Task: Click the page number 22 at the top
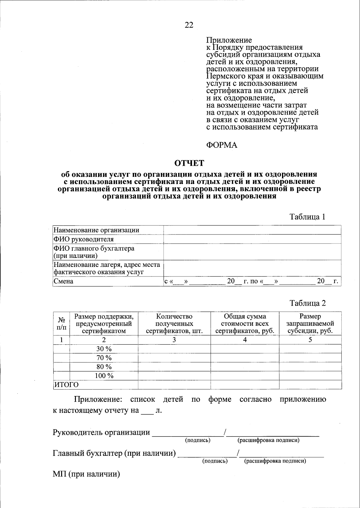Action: [x=189, y=25]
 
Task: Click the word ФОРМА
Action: [x=221, y=145]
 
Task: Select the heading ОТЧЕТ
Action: [x=189, y=163]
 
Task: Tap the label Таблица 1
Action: [x=307, y=217]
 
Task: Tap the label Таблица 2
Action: [x=307, y=303]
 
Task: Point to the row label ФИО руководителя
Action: [x=83, y=239]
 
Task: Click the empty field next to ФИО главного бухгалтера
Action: [x=252, y=252]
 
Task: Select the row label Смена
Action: [x=63, y=281]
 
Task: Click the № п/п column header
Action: [x=61, y=324]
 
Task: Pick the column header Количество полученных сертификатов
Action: [x=174, y=324]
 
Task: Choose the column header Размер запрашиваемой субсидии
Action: [x=310, y=324]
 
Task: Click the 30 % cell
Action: [x=104, y=349]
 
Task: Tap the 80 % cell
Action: [x=104, y=367]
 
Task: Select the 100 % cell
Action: [x=104, y=376]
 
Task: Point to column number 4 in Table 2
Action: [x=245, y=340]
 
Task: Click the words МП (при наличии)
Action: [x=86, y=474]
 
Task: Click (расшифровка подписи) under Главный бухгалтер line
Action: [x=275, y=461]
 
